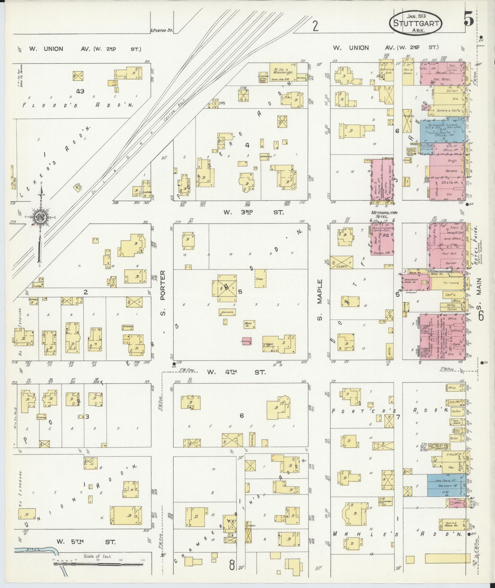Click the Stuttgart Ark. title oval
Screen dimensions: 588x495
416,23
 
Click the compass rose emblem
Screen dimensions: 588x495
40,217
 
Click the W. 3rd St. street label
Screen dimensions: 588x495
253,212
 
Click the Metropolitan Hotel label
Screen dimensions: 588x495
384,215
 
